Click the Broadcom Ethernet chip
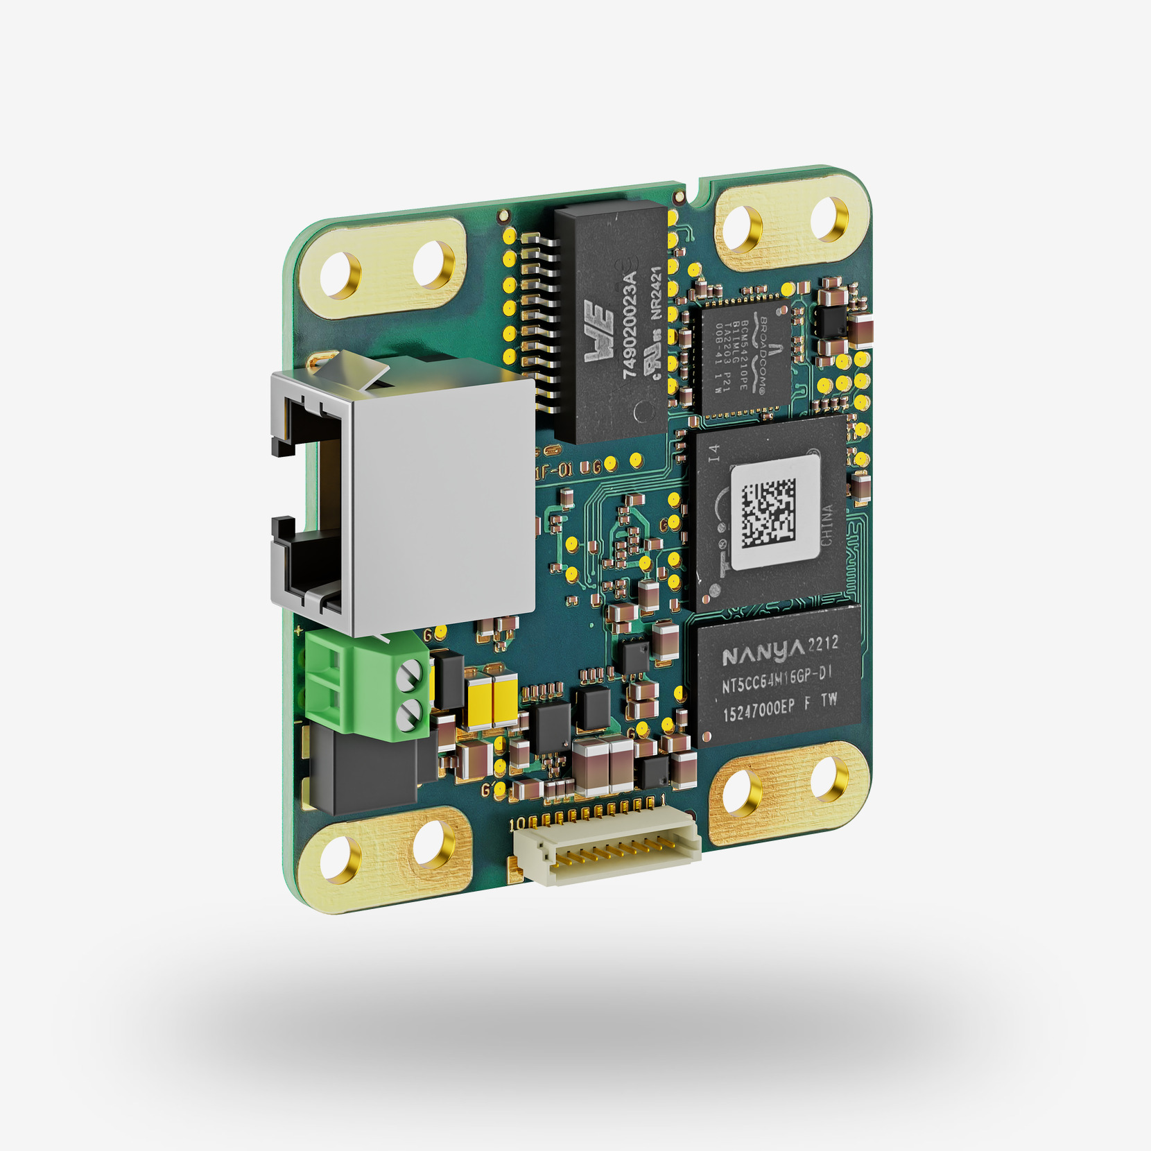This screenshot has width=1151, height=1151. pyautogui.click(x=743, y=354)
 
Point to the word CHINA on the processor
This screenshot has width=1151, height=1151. pyautogui.click(x=827, y=525)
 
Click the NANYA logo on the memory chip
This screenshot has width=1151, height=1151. pyautogui.click(x=763, y=652)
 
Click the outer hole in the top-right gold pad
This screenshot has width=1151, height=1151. pyautogui.click(x=829, y=218)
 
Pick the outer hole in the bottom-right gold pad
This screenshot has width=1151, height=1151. pyautogui.click(x=829, y=779)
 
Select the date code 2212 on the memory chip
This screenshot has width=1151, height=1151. pyautogui.click(x=823, y=644)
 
